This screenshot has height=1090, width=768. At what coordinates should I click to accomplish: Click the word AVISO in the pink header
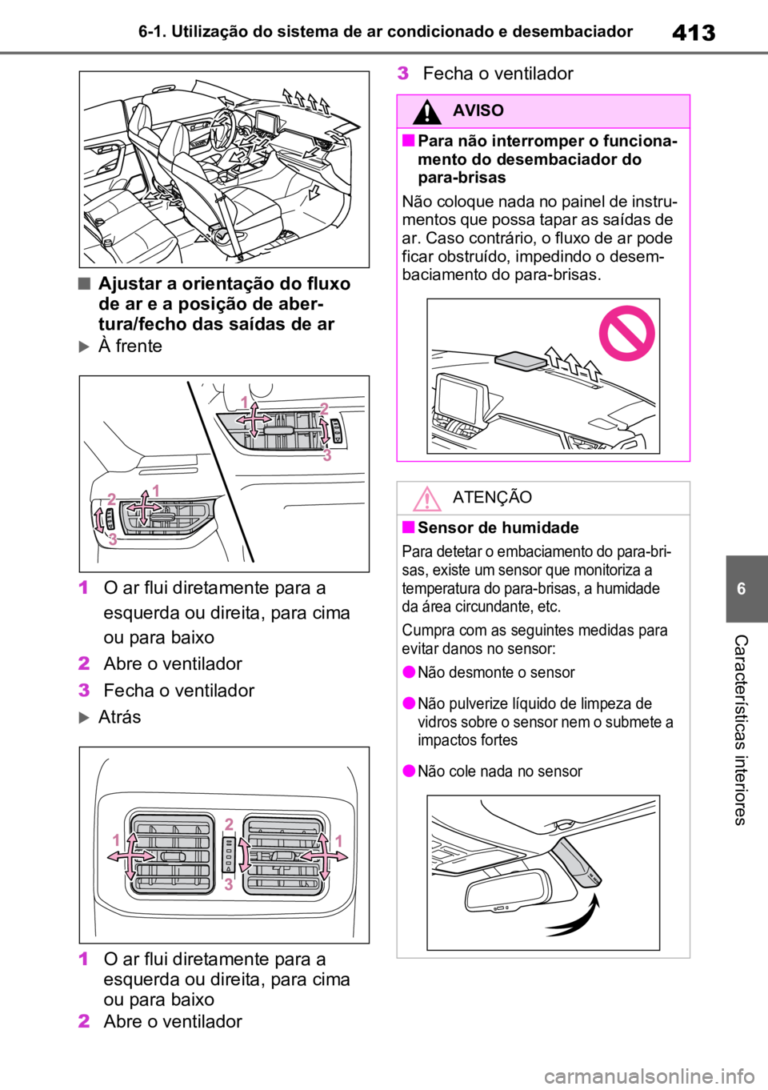click(478, 110)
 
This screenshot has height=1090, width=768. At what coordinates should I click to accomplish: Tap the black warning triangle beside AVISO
click(427, 111)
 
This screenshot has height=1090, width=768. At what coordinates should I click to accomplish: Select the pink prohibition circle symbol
click(626, 333)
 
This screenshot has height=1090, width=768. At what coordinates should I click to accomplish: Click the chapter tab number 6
click(741, 589)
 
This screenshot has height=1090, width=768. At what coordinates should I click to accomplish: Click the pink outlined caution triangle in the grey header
click(427, 499)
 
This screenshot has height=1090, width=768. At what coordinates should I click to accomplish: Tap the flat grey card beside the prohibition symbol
click(520, 362)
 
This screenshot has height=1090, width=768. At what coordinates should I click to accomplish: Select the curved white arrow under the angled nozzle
click(574, 917)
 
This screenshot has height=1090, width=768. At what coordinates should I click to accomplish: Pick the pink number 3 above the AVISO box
click(402, 74)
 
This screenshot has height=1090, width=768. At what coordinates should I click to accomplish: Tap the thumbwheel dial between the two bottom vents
click(229, 855)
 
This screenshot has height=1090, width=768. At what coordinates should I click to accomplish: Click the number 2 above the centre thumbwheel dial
click(229, 824)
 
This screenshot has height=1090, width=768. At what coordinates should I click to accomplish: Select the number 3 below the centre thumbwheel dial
click(229, 884)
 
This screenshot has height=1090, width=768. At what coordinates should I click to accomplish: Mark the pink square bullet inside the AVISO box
click(409, 141)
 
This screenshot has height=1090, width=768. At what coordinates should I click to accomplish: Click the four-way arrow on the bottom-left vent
click(130, 856)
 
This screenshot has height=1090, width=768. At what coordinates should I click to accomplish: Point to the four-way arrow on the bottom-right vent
click(325, 856)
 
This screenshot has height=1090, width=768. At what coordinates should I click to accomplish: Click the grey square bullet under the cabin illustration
click(85, 283)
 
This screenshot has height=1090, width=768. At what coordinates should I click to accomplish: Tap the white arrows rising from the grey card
click(573, 362)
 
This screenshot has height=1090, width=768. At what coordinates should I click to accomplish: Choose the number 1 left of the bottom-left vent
click(116, 840)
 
